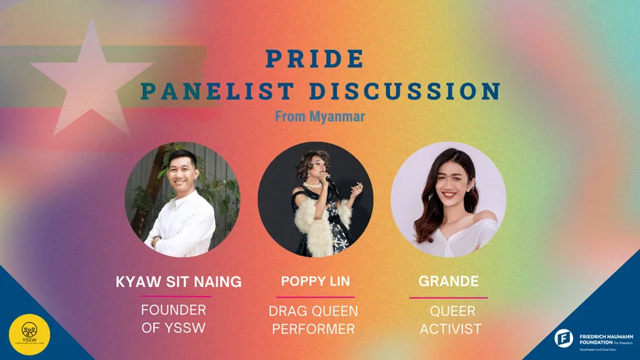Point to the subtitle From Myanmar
click(320, 117)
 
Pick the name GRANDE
click(448, 283)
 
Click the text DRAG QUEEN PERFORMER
click(313, 319)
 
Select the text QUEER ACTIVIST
click(450, 319)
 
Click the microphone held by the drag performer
click(328, 181)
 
